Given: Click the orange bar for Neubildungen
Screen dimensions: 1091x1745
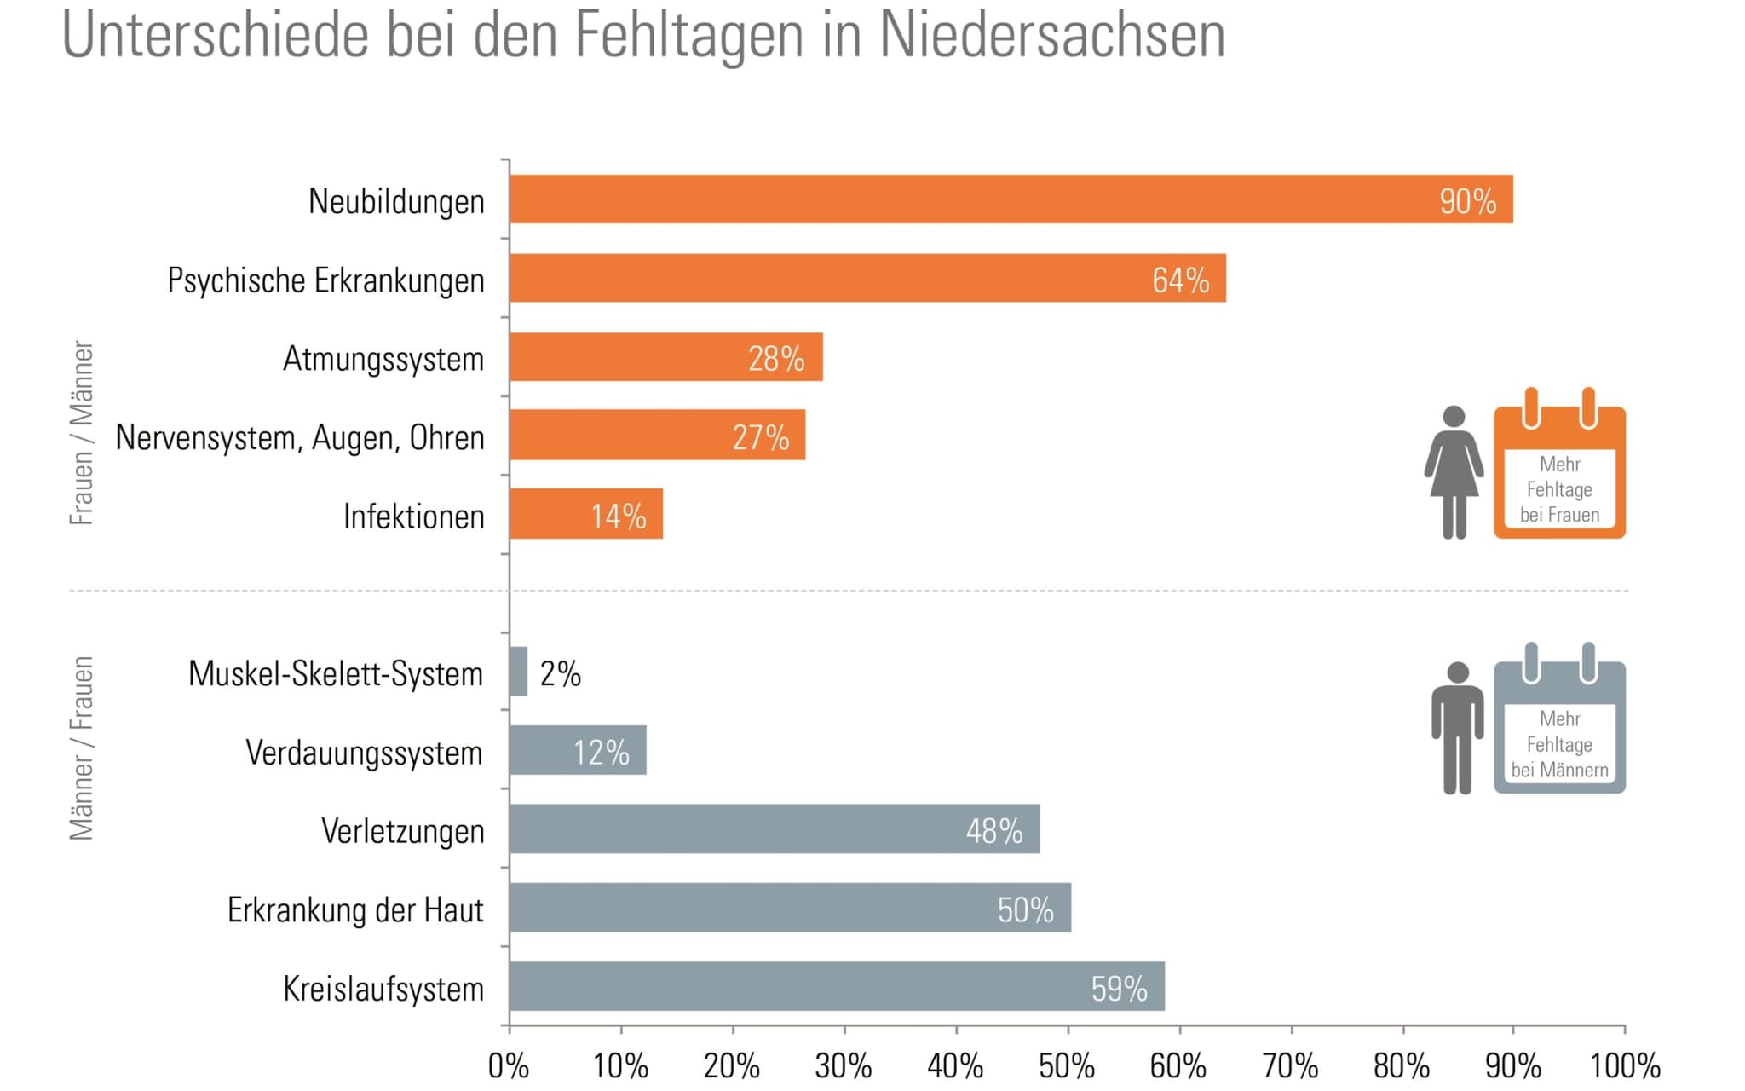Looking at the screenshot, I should tap(1011, 199).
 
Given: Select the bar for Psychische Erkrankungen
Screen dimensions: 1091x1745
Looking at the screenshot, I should tap(867, 278).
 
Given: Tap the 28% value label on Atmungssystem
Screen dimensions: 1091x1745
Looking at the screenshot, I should tap(775, 359).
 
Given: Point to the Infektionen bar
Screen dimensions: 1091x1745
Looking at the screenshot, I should tap(586, 514).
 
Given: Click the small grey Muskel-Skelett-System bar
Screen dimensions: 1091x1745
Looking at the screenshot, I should tap(518, 672).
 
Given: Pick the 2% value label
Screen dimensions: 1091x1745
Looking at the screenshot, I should tap(561, 674).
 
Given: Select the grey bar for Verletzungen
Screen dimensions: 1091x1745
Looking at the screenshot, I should tap(774, 828).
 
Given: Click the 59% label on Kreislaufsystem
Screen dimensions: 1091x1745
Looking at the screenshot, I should tap(1119, 989).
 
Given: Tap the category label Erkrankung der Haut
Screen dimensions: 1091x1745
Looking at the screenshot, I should tap(355, 910).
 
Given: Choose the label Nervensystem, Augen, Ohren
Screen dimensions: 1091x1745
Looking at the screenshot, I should tap(300, 437).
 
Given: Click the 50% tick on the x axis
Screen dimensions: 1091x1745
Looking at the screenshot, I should tap(1067, 1065).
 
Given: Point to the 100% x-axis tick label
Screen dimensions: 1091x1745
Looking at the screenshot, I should tap(1625, 1065).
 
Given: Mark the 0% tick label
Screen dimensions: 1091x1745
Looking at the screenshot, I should tap(509, 1065).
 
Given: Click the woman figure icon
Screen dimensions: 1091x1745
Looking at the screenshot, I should tap(1454, 472).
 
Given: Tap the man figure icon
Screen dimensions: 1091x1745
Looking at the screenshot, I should tap(1457, 727).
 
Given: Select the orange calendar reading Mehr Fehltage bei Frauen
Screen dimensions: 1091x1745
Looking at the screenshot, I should tap(1559, 471).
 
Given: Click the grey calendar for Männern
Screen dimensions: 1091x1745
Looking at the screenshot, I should tap(1559, 726).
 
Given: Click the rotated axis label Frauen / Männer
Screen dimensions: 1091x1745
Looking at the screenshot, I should tap(82, 433).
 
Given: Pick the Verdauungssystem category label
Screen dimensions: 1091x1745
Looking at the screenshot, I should tap(364, 753).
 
